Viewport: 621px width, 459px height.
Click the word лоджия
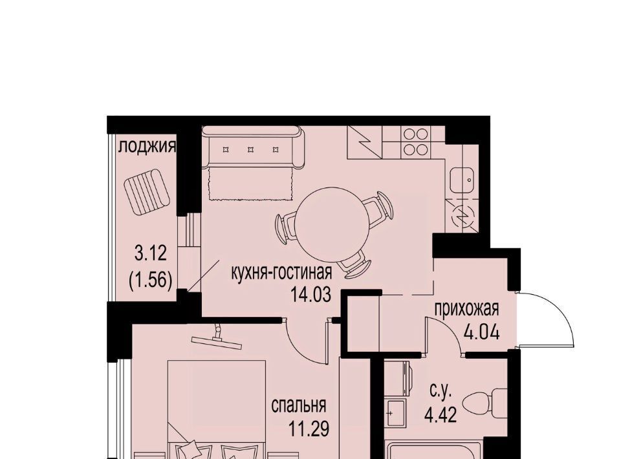click(147, 147)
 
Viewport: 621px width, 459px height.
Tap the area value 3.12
click(151, 253)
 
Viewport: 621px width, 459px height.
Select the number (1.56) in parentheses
click(151, 281)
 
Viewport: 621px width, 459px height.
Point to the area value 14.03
click(310, 294)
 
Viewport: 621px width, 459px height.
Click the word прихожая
click(466, 309)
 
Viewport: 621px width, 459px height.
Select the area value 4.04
click(481, 332)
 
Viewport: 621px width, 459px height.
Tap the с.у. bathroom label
click(441, 391)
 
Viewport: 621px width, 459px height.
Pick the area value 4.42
click(441, 415)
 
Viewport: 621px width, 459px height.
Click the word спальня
click(299, 406)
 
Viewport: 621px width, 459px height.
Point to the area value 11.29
click(309, 429)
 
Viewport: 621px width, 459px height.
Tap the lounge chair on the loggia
click(147, 192)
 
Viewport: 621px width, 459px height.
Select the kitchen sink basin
click(462, 180)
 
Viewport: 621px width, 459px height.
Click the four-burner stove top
click(415, 142)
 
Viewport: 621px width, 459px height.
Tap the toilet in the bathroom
click(490, 403)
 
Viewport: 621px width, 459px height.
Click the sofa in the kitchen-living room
click(253, 147)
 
